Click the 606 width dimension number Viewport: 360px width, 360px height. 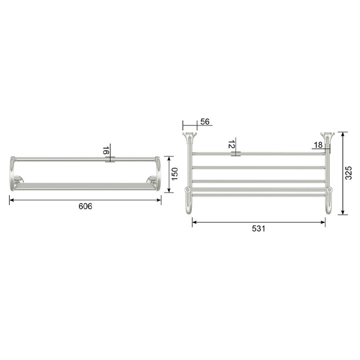click(85, 206)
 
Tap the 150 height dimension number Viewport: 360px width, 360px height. click(175, 174)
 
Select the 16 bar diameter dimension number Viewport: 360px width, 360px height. click(105, 151)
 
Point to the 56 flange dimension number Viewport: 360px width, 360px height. click(205, 122)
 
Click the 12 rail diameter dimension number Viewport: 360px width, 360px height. click(231, 144)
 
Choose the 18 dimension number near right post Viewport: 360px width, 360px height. click(318, 145)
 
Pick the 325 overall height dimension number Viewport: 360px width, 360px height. click(349, 173)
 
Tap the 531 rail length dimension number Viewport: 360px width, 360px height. click(259, 229)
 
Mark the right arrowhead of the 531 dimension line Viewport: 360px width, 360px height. click(323, 222)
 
